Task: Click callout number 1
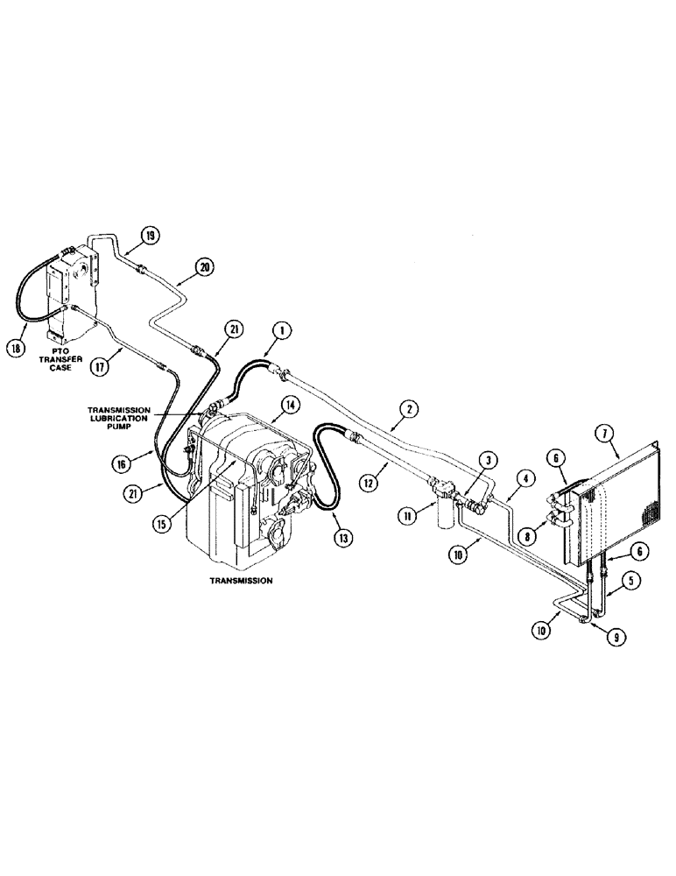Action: [x=280, y=330]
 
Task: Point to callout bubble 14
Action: [x=288, y=404]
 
